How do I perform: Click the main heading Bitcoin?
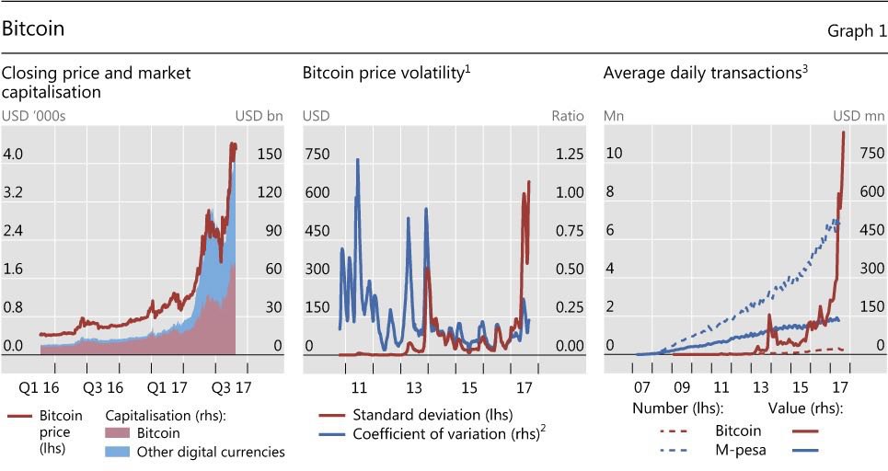[33, 29]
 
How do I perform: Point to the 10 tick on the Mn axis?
[614, 155]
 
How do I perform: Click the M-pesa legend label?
[736, 450]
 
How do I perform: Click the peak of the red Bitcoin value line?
[844, 132]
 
